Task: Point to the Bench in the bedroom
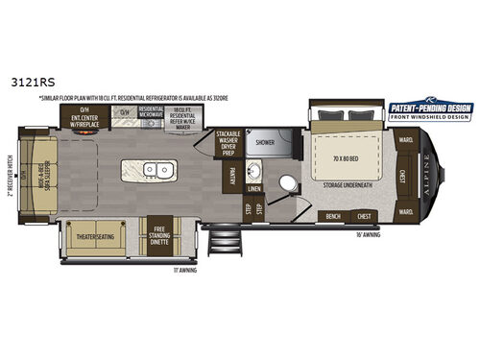pos(334,215)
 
